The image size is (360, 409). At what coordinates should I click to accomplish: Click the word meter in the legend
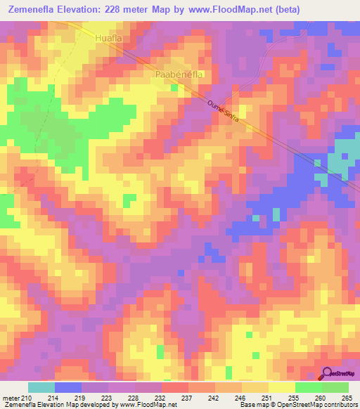(x=11, y=398)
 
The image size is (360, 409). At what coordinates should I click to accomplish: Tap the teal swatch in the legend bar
(x=41, y=387)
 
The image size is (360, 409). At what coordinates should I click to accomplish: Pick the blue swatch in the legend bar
(x=68, y=387)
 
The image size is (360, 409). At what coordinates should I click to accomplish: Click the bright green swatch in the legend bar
(x=308, y=387)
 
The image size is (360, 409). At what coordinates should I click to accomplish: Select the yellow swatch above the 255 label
(x=281, y=387)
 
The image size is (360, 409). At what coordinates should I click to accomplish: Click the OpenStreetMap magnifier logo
(x=327, y=374)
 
